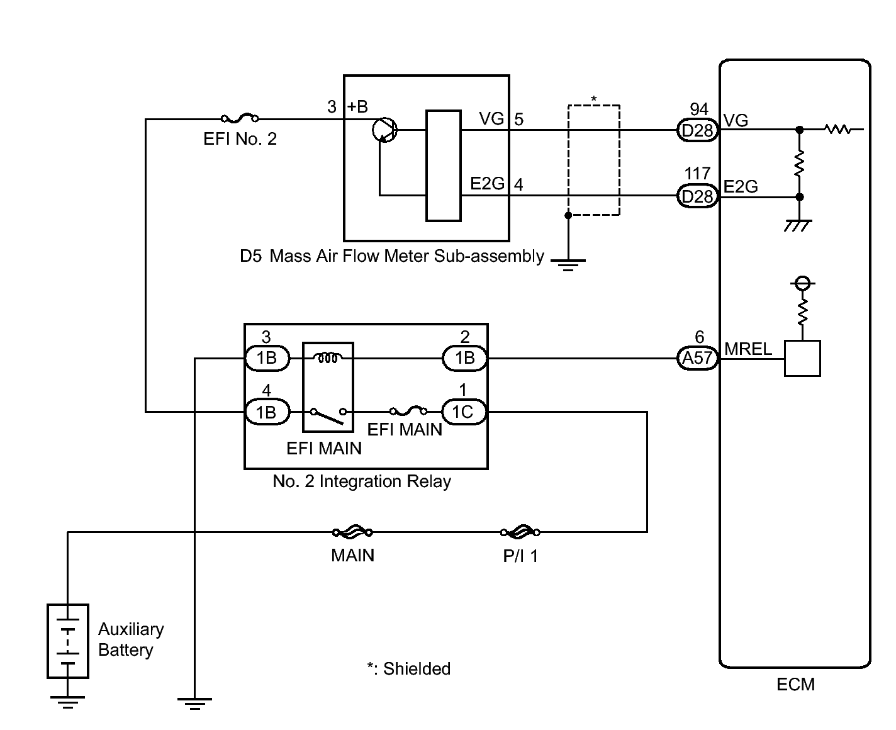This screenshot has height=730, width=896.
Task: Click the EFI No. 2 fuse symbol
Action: pos(240,119)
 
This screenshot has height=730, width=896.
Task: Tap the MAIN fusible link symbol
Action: pos(352,532)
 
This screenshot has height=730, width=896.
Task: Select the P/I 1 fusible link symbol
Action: pos(520,532)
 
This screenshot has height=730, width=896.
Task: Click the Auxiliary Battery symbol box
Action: pos(68,641)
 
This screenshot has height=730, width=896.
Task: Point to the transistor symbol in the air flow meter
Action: pos(384,130)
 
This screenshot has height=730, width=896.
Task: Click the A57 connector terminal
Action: pos(697,358)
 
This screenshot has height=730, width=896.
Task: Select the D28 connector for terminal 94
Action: pos(697,130)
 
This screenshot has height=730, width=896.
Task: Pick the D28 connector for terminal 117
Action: pos(697,196)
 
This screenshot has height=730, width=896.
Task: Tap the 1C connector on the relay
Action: pos(464,412)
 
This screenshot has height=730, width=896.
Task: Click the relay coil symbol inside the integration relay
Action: pos(328,357)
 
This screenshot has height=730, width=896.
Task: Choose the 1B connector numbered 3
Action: pos(267,358)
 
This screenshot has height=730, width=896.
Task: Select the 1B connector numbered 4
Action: pos(267,412)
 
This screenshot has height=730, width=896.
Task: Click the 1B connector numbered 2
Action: pos(465,358)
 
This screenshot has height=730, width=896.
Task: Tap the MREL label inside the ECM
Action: pos(748,349)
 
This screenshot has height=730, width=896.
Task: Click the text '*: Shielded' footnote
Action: pos(408,668)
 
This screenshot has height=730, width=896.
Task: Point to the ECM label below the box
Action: pos(795,685)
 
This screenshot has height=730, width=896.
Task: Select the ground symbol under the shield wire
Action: pos(568,265)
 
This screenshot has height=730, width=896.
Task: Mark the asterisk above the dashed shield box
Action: pos(593,99)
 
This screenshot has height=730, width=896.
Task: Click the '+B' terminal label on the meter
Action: pos(357,107)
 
